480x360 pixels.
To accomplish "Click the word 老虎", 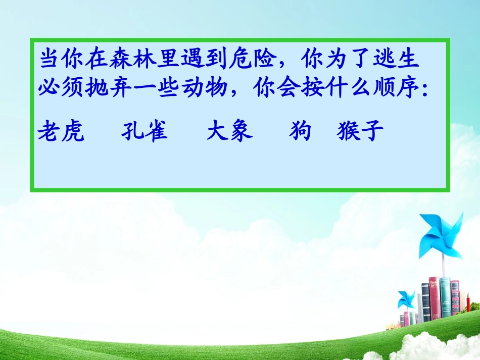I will tap(61, 132).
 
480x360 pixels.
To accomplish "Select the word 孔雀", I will tap(145, 132).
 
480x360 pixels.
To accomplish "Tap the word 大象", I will tap(230, 132).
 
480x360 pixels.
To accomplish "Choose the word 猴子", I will tap(359, 132).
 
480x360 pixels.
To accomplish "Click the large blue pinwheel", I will tap(441, 235).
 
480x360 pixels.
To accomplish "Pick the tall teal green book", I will tap(445, 298).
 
